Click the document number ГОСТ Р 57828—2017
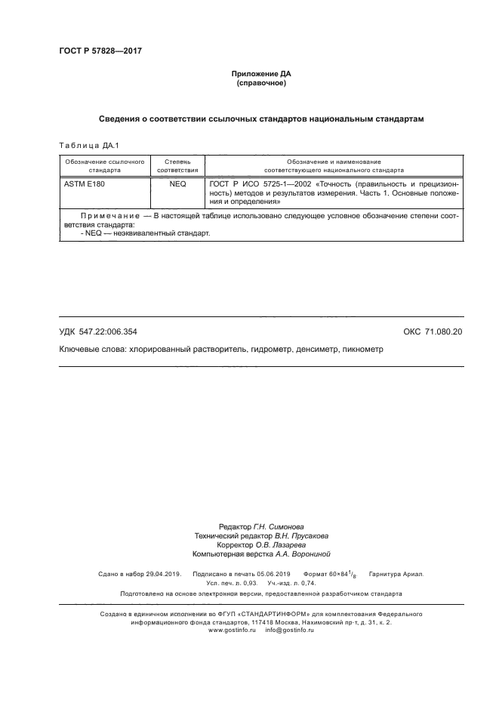100,51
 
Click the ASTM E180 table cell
83,183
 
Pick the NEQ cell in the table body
177,183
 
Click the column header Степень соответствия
177,166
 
